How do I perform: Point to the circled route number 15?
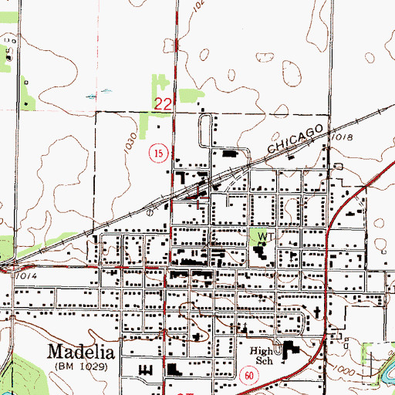[x=157, y=155]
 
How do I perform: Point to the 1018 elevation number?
[x=345, y=136]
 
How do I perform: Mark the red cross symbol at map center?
[x=202, y=203]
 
